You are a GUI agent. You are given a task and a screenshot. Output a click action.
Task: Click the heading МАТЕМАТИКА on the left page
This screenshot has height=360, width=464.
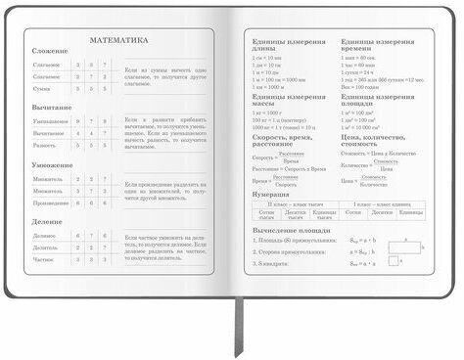pos(118,41)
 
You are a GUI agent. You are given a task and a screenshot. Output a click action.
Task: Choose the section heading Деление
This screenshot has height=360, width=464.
pos(47,223)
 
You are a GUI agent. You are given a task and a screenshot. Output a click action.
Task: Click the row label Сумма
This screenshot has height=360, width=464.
pos(50,87)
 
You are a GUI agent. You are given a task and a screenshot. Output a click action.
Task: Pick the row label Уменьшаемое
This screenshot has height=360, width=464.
pos(50,120)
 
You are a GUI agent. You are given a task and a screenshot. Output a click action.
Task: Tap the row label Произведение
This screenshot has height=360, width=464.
pos(50,202)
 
